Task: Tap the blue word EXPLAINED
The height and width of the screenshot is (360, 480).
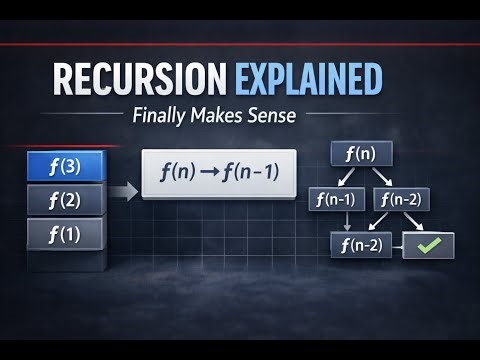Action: pos(308,78)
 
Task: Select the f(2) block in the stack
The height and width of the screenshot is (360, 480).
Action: pos(65,200)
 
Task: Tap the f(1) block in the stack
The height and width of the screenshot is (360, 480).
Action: pos(65,234)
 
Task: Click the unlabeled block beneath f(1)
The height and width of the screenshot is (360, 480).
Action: pos(65,262)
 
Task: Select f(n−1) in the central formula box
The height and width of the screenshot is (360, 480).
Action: pos(251,172)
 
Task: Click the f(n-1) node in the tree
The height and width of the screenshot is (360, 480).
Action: pos(334,199)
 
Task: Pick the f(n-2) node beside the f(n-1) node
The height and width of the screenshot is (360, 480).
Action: pos(399,199)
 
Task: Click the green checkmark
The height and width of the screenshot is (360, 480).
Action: pos(428,245)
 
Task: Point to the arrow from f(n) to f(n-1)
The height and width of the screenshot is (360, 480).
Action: pos(345,177)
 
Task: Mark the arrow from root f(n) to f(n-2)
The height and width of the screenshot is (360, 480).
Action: pos(386,177)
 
